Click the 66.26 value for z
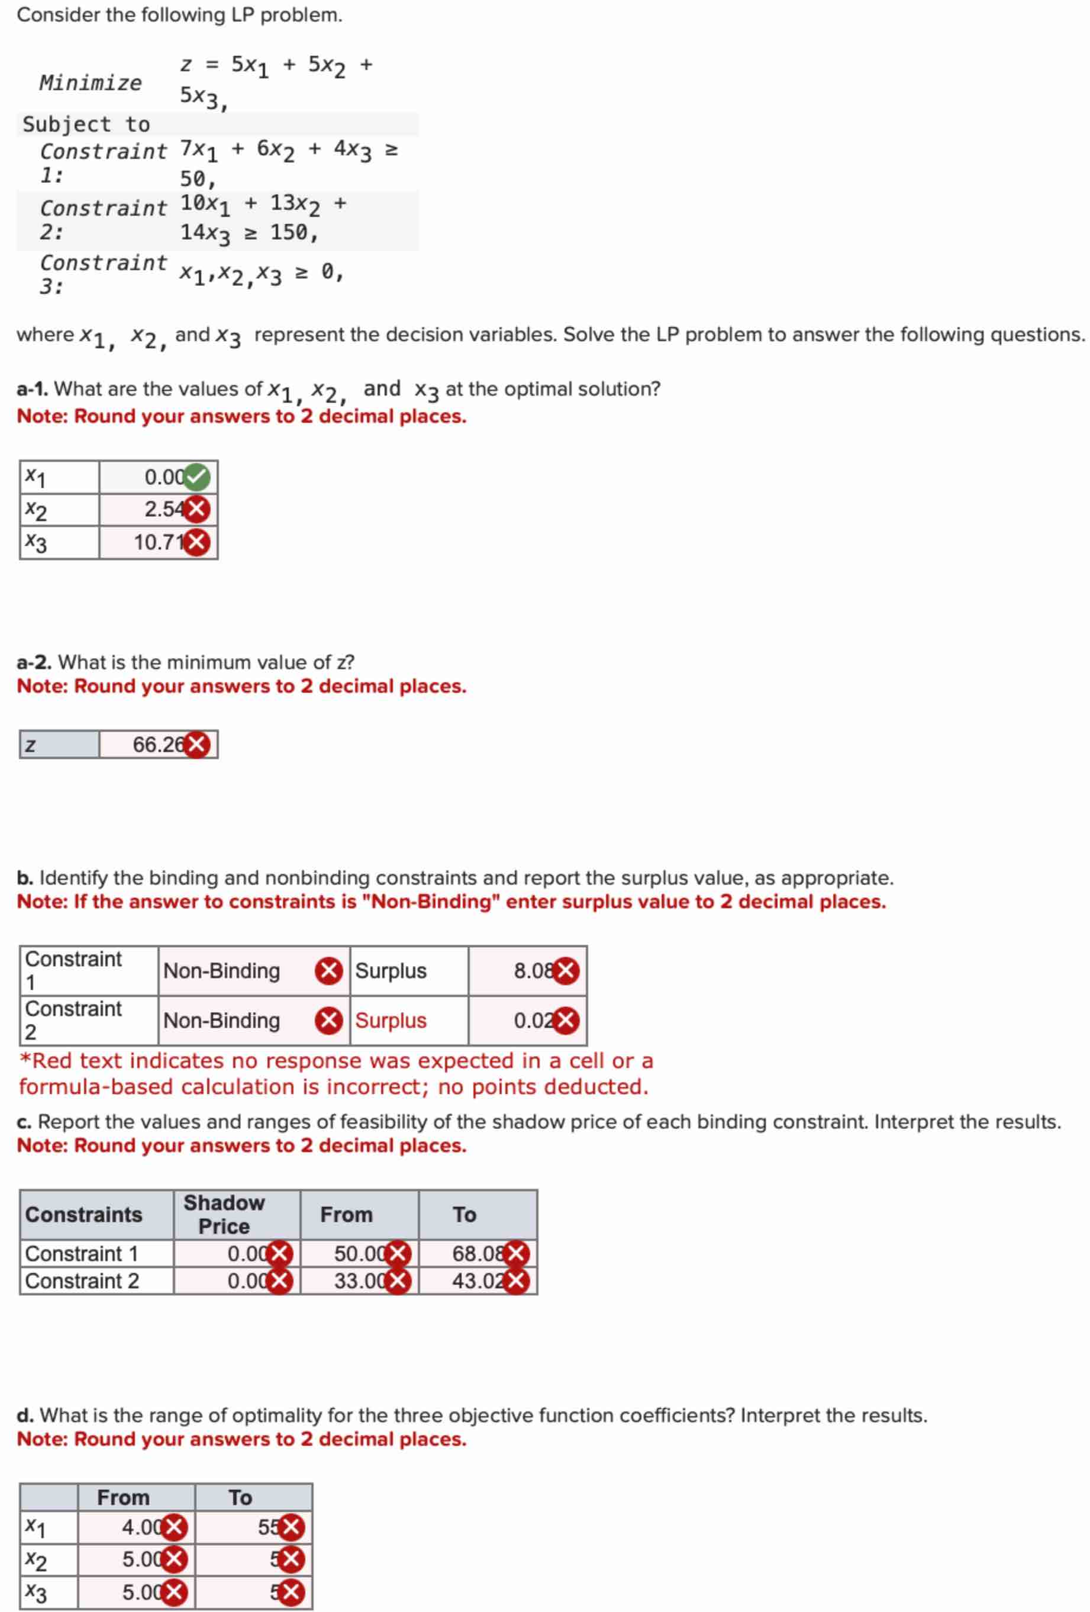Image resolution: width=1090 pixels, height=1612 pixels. pyautogui.click(x=158, y=744)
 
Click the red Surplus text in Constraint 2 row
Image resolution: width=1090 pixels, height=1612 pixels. pyautogui.click(x=391, y=1021)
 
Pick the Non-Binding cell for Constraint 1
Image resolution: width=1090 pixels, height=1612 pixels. pyautogui.click(x=222, y=970)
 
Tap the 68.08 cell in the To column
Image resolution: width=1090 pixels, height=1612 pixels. pyautogui.click(x=477, y=1253)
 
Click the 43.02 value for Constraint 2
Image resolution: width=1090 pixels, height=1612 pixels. pyautogui.click(x=477, y=1280)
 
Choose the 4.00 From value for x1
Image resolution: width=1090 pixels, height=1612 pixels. pyautogui.click(x=142, y=1527)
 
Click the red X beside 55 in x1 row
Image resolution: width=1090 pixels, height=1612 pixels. pyautogui.click(x=291, y=1527)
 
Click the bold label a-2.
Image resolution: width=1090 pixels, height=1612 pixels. pyautogui.click(x=33, y=662)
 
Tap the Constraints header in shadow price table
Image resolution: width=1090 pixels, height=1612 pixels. pyautogui.click(x=83, y=1215)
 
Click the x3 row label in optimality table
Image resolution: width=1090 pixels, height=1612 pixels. pyautogui.click(x=36, y=1592)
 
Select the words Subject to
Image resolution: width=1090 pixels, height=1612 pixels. pyautogui.click(x=86, y=124)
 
